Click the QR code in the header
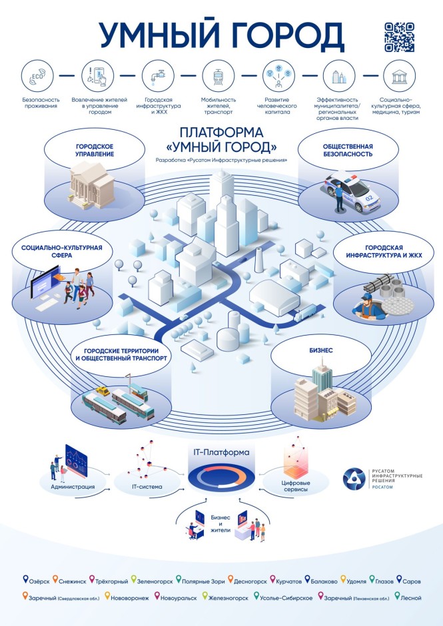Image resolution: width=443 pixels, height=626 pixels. coord(399,37)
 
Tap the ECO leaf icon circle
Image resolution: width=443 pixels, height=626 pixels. coord(37,76)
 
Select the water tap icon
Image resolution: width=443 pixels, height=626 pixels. coord(158,76)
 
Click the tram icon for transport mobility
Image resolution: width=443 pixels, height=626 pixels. coord(218,76)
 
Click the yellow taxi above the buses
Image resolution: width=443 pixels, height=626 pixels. coord(103,391)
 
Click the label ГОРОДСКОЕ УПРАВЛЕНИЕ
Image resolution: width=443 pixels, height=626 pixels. coord(95,151)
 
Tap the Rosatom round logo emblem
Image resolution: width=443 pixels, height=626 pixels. coord(354,479)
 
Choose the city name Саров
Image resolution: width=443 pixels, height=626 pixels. coord(412,581)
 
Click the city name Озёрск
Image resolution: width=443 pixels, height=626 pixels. coord(39,581)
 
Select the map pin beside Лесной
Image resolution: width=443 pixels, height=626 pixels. coord(396,596)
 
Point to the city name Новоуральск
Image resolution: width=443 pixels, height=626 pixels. coord(179,598)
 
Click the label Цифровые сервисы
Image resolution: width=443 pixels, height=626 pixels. coord(296,486)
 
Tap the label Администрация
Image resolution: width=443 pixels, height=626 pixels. coord(73,487)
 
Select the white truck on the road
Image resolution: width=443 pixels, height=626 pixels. coord(305,312)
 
